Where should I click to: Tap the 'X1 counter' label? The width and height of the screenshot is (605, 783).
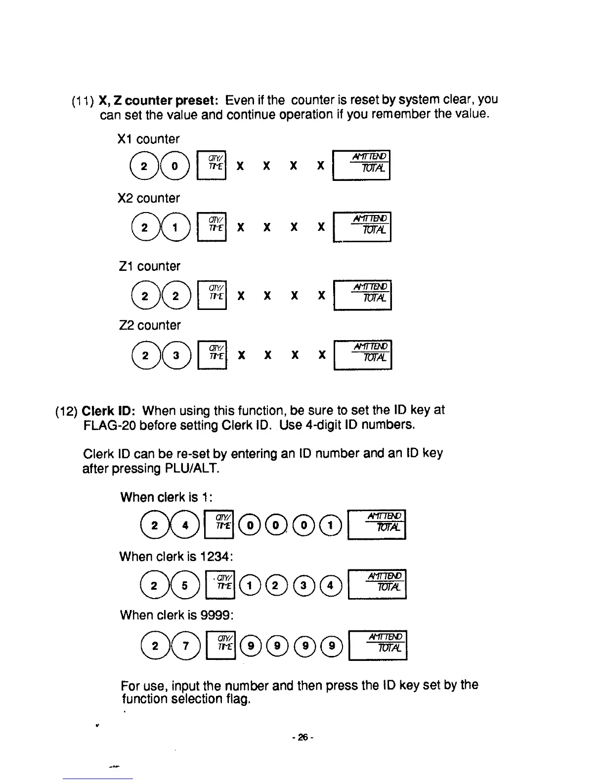(x=148, y=139)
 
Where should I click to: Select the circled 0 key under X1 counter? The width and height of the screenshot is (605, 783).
(x=175, y=166)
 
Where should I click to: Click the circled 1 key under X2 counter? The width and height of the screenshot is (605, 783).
(x=175, y=228)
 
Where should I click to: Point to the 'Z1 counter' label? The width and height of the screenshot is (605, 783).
(x=149, y=266)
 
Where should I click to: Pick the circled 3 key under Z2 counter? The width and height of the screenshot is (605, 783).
(x=175, y=355)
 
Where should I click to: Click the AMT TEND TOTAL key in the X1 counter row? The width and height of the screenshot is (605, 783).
(x=362, y=165)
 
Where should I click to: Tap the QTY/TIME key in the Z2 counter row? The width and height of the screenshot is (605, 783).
(x=212, y=355)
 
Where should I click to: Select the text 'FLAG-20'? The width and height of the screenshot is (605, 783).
(x=109, y=425)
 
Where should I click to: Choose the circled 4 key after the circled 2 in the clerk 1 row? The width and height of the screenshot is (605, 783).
(x=185, y=525)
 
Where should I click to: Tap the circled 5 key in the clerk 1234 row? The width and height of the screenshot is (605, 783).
(x=184, y=585)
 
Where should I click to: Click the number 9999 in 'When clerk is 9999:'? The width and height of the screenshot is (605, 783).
(x=216, y=615)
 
